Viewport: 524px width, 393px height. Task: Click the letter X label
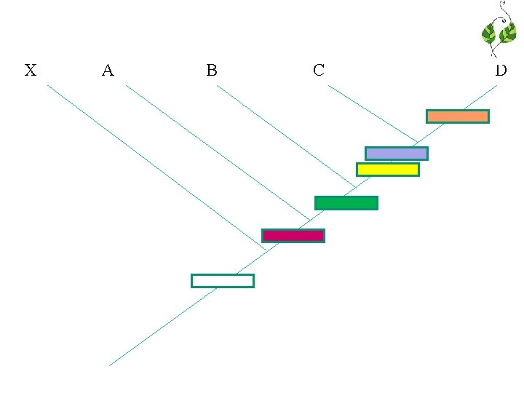[x=31, y=71]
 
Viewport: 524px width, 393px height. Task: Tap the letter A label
[x=108, y=71]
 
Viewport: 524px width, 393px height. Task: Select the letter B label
[x=212, y=71]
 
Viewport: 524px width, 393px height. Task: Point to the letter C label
[x=318, y=71]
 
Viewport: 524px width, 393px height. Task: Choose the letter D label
[x=501, y=71]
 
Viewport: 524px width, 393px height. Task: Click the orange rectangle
[x=457, y=116]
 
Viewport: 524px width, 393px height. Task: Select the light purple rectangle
[x=396, y=154]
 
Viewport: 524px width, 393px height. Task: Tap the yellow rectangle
[x=387, y=170]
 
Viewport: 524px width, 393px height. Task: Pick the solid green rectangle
[x=346, y=203]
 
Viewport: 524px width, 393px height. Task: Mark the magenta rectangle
[x=293, y=236]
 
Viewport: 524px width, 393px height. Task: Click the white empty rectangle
[x=222, y=281]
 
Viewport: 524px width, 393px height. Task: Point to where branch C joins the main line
[x=417, y=142]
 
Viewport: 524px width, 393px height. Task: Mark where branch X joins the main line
[x=266, y=250]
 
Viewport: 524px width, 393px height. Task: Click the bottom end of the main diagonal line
[x=110, y=365]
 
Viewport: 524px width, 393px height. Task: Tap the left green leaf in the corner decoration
[x=488, y=34]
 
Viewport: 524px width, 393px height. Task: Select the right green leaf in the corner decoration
[x=507, y=33]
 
